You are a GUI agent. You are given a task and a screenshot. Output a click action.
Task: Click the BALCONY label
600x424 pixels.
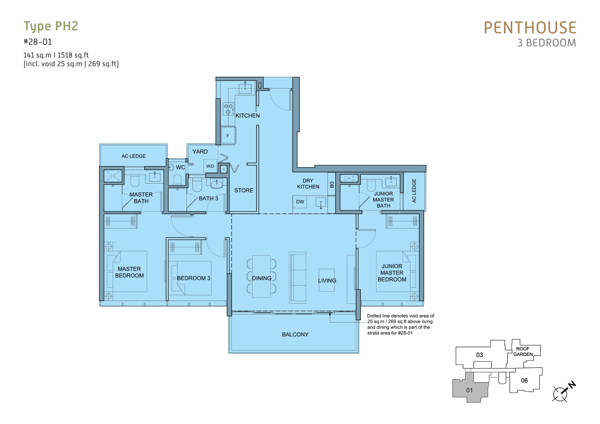point(295,334)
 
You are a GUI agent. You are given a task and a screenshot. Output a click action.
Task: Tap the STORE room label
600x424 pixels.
point(244,190)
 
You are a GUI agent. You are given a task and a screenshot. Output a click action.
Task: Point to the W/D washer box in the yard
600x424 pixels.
point(210,166)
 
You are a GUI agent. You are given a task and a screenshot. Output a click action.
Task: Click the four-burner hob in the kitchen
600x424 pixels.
point(228,109)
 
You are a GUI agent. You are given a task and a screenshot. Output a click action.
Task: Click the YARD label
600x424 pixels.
point(200,151)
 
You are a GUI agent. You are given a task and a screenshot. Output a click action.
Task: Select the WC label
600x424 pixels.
point(180,167)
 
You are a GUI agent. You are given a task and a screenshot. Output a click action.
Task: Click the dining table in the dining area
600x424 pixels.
point(261,276)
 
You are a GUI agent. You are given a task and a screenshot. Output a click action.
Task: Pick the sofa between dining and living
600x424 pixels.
point(297,278)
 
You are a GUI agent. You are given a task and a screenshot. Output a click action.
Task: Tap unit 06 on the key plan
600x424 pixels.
point(524,380)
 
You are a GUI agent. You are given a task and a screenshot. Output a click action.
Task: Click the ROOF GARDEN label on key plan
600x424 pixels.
point(523,351)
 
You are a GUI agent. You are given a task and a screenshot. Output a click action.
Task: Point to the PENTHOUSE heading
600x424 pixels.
point(530,28)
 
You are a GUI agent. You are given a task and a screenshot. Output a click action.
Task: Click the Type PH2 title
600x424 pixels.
point(51,26)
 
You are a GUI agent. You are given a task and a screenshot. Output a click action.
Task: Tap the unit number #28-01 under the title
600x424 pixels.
point(38,42)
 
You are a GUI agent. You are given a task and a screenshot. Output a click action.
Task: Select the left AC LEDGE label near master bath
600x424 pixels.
point(134,156)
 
